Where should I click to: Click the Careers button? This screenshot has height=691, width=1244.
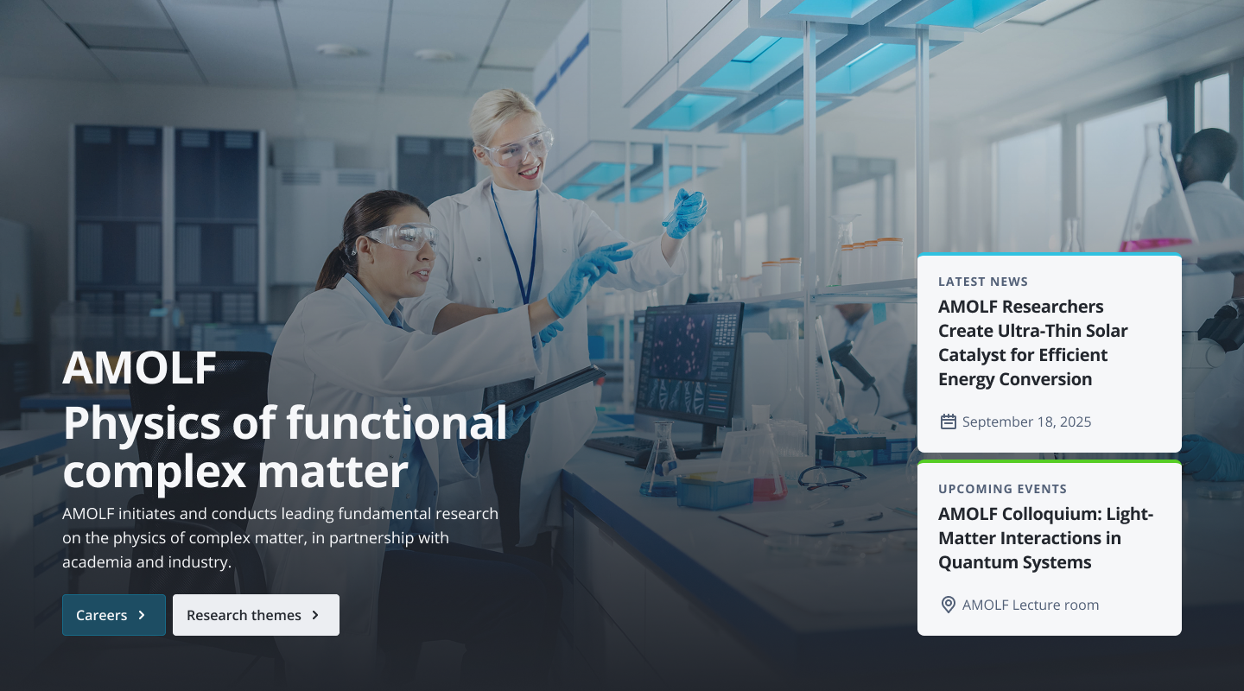pos(114,615)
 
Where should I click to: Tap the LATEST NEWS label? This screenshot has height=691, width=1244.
pos(983,282)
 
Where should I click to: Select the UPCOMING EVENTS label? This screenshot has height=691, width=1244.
pos(1002,489)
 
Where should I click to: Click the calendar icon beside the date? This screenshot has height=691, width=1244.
pos(948,422)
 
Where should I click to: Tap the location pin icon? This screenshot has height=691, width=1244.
pos(948,605)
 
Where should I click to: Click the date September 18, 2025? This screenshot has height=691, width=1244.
pos(1026,422)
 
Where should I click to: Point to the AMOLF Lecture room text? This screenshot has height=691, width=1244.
pos(1030,605)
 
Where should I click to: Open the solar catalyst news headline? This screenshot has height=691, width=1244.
pos(1033,343)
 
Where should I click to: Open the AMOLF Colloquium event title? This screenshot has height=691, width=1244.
pos(1045,538)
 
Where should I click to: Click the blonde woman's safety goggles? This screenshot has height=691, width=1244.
pos(517,147)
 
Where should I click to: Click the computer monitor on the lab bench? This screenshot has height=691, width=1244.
pos(689,366)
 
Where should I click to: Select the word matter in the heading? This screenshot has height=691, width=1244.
pos(333,472)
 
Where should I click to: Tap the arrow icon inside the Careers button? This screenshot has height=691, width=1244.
pos(142,615)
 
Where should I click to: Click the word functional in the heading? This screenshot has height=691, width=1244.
pos(396,422)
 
